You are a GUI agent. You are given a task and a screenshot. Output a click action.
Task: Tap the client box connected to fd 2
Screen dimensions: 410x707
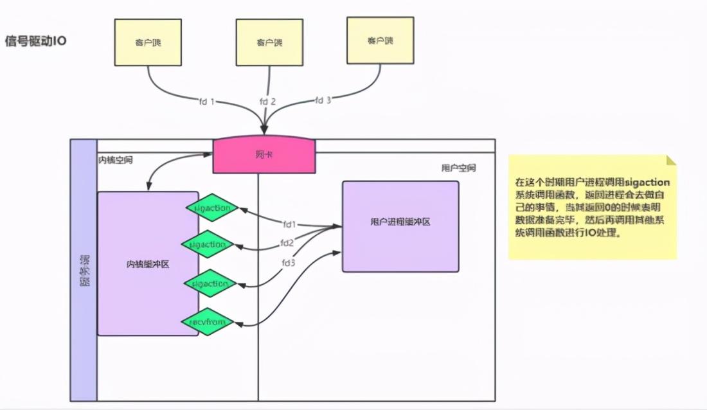point(269,42)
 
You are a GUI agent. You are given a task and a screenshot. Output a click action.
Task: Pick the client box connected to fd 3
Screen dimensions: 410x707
point(380,40)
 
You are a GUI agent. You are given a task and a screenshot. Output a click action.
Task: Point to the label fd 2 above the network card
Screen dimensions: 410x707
point(267,102)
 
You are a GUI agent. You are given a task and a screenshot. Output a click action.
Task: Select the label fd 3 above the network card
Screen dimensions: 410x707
point(323,100)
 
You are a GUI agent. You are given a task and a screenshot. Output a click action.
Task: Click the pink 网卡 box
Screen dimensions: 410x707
point(264,156)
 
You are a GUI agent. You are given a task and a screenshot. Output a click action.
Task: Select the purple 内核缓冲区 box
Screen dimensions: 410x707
point(148,263)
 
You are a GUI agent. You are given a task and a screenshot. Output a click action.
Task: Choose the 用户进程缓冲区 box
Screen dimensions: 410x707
point(400,226)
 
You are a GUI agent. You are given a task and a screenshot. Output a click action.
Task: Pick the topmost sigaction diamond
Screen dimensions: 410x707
point(212,208)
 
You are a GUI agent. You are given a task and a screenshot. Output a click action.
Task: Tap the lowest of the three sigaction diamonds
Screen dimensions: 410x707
point(209,283)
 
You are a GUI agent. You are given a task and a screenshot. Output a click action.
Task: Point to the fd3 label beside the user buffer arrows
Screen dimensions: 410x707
point(289,263)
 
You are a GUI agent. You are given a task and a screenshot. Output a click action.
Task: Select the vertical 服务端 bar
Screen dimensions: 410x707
point(84,270)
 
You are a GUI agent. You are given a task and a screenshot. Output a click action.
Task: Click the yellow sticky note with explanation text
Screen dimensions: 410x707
point(592,207)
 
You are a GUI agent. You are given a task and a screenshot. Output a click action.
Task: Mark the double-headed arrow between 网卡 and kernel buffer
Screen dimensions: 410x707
point(170,164)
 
